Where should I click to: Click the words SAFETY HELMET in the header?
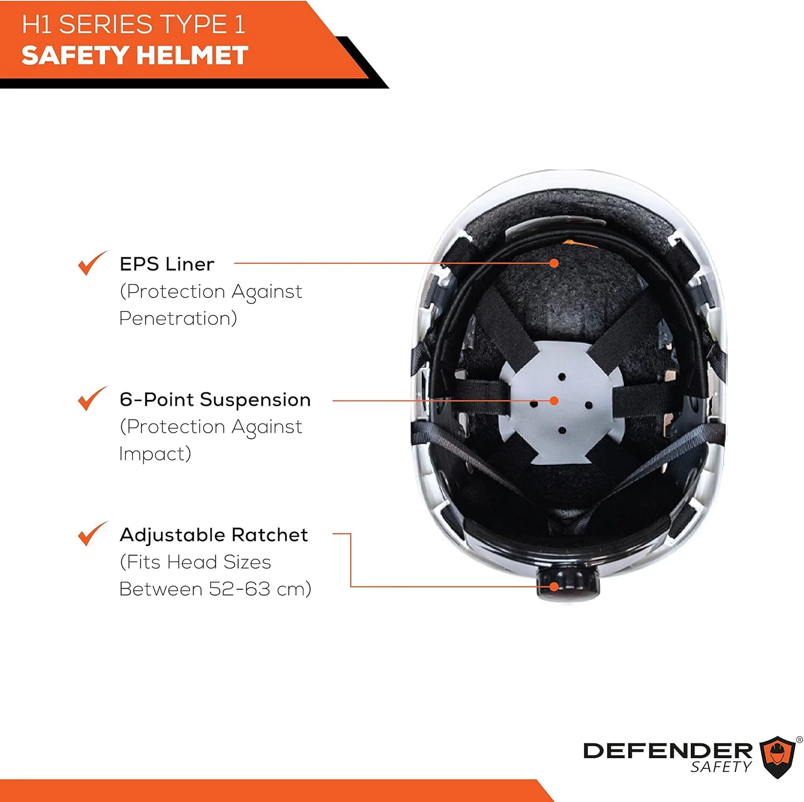point(135,55)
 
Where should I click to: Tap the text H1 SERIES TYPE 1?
point(133,25)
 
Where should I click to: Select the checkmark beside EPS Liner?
point(92,263)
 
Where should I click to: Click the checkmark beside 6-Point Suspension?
point(92,399)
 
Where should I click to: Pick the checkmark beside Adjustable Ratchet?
point(92,534)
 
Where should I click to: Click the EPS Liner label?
point(167,264)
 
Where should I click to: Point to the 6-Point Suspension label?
point(215,400)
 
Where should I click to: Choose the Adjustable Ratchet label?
point(214,535)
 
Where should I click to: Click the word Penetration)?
point(178,318)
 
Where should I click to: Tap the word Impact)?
point(155,454)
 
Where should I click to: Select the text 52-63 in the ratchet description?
point(240,589)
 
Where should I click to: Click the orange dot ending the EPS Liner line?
point(554,263)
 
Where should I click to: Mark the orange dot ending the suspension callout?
point(554,400)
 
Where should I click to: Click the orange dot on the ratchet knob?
point(554,586)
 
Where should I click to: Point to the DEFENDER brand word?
point(668,751)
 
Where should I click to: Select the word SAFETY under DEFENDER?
point(721,768)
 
